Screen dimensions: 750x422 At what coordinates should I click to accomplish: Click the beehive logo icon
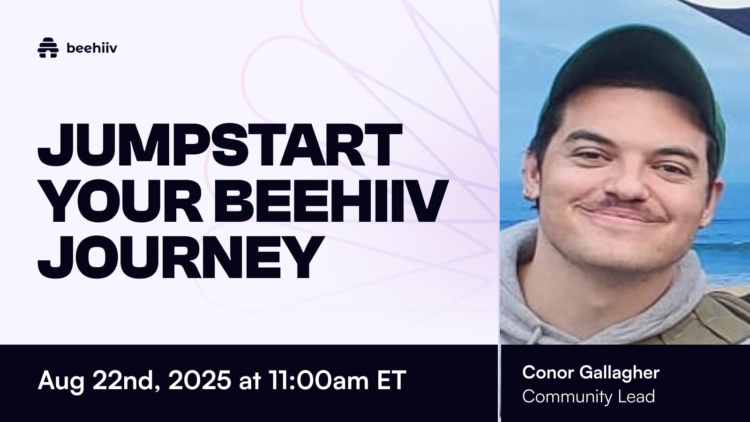click(48, 47)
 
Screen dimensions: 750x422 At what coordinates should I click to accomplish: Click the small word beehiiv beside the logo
click(92, 48)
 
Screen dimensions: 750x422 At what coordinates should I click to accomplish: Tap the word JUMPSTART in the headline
click(220, 145)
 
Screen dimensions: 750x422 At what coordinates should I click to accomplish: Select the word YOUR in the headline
click(121, 201)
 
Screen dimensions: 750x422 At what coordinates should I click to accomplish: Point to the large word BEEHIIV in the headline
click(331, 201)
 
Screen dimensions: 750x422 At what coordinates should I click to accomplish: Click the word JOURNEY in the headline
click(181, 257)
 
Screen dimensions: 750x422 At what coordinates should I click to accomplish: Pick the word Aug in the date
click(61, 381)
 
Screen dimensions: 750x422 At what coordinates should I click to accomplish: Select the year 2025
click(200, 380)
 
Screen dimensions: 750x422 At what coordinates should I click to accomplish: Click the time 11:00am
click(318, 380)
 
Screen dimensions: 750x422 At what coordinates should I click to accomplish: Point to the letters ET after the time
click(391, 380)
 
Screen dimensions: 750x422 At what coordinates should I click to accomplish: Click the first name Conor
click(548, 372)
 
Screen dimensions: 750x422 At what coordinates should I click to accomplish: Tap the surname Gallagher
click(620, 373)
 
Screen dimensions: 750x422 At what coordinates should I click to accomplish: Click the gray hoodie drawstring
click(535, 333)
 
